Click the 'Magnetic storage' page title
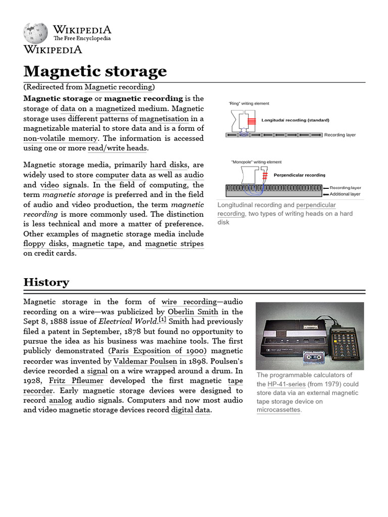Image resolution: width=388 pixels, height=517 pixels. tap(95, 71)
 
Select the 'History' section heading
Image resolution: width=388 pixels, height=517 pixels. tap(46, 282)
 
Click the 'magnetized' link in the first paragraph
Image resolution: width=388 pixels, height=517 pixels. tap(116, 109)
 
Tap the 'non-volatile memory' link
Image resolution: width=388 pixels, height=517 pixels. tap(60, 138)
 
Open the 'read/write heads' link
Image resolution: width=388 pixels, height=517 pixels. tap(117, 148)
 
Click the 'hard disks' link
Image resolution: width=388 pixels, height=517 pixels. tap(169, 165)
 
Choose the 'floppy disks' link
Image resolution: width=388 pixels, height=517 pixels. tap(45, 244)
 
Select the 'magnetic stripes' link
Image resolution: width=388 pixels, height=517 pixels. tap(174, 244)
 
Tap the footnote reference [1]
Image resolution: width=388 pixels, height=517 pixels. tap(162, 320)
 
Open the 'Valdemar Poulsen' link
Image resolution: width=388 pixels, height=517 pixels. tap(145, 361)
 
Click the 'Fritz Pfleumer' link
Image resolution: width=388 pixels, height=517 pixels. tap(76, 381)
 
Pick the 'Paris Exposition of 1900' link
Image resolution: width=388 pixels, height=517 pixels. tap(157, 351)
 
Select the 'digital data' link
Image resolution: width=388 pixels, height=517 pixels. tap(191, 410)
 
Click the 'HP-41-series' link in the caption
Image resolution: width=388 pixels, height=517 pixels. tap(286, 384)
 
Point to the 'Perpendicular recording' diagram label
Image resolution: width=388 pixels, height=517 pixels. tap(299, 175)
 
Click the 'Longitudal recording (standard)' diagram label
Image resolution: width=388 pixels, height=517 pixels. tap(295, 120)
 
